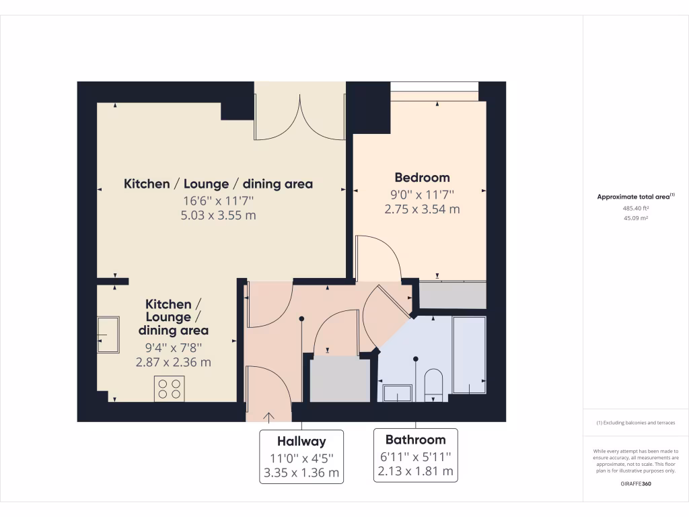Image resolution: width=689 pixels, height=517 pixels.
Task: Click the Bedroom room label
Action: [422, 178]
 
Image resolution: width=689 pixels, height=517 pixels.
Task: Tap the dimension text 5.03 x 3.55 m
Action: [219, 215]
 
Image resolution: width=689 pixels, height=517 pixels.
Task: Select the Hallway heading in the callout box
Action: [301, 442]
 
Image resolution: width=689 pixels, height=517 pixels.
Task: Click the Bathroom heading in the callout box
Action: [415, 440]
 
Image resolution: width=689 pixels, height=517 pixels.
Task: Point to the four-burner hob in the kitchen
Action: [169, 388]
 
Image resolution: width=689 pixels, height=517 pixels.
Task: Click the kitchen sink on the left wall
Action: [108, 335]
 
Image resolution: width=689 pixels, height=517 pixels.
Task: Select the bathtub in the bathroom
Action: [469, 355]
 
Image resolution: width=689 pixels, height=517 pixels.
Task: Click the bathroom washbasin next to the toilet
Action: [398, 393]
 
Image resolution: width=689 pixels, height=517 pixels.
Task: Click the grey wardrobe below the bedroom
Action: [452, 296]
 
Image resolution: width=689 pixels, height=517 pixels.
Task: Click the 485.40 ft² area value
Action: [635, 209]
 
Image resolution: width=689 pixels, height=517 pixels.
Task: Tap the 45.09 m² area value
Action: [635, 218]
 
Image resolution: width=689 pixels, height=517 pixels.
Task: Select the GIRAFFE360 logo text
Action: [635, 484]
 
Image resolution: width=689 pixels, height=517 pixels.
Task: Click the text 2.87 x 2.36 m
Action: [174, 362]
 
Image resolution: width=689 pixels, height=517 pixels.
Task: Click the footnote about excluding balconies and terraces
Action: [635, 423]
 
